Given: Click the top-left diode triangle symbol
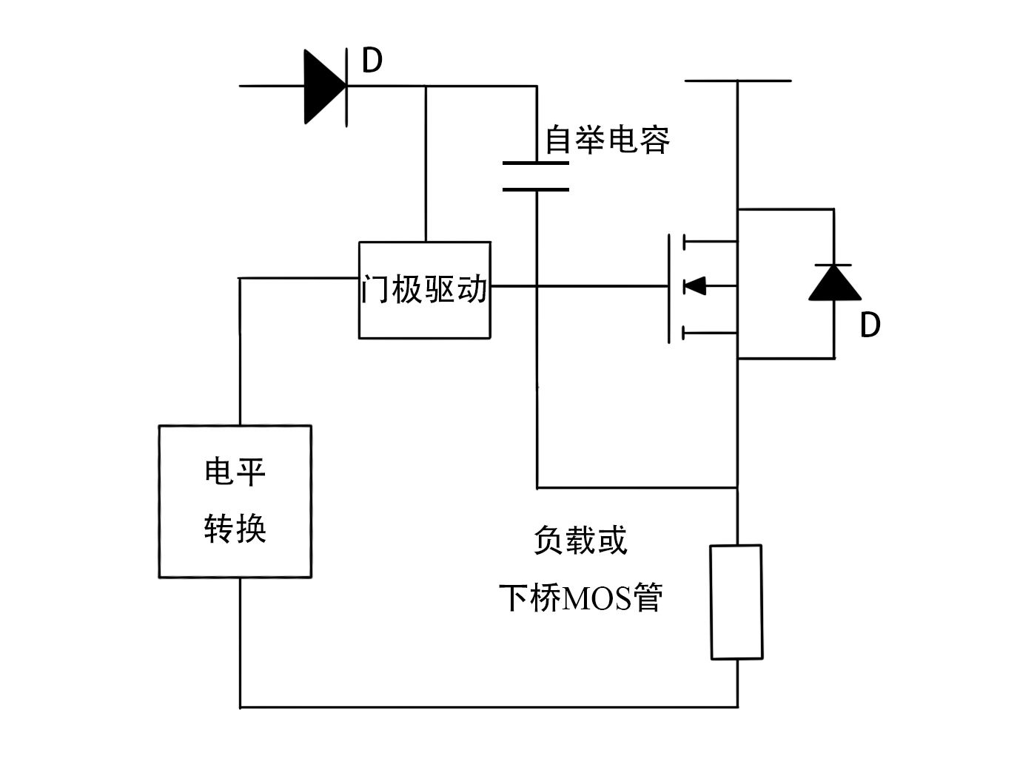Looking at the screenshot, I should (x=324, y=86).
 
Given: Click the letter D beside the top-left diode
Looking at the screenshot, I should (x=372, y=61).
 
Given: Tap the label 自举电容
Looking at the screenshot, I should (x=607, y=140).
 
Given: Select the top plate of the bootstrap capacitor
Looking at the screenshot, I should (x=536, y=163).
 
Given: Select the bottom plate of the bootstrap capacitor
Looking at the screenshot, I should (x=536, y=189).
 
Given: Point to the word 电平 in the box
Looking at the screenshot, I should (x=235, y=472).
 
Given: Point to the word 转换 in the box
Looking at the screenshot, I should (x=235, y=529).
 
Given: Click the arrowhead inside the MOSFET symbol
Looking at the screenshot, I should (x=694, y=285).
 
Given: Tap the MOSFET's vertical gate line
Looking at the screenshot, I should (x=669, y=288).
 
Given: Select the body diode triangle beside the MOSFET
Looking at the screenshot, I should (x=834, y=283).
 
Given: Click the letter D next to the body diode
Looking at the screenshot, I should (x=870, y=325).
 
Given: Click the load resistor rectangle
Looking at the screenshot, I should (x=736, y=602).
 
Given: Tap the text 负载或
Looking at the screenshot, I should (x=580, y=541).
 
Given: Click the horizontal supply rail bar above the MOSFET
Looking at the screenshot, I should (x=737, y=80).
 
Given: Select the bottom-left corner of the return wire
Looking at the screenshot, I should (x=241, y=707).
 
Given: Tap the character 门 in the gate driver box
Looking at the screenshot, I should (x=375, y=290).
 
